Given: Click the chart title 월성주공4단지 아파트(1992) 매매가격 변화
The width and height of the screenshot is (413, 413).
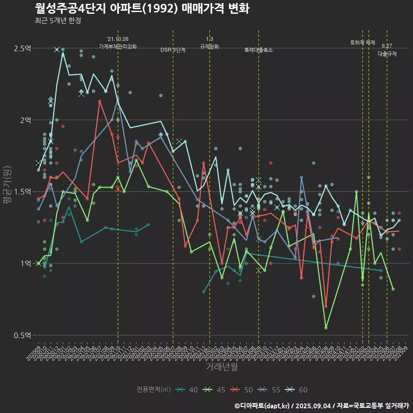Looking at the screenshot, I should [x=142, y=9].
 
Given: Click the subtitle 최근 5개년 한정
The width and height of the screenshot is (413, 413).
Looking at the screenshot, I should [x=58, y=21].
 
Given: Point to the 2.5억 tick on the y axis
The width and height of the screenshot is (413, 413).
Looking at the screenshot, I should [x=22, y=48].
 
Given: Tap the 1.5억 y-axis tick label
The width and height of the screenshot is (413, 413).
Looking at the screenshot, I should [x=22, y=192].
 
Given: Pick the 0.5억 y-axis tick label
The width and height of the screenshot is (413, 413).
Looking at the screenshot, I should [x=22, y=336].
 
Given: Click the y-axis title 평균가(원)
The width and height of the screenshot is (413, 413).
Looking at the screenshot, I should [x=7, y=191].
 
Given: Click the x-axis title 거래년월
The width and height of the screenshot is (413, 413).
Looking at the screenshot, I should [x=222, y=367].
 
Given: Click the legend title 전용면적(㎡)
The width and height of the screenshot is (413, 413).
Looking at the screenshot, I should [x=154, y=390].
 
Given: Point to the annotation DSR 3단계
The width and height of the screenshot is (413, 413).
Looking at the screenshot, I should [x=173, y=50].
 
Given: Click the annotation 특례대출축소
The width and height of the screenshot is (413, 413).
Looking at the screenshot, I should [x=259, y=50].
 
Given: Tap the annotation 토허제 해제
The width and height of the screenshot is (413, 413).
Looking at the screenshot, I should [x=363, y=43].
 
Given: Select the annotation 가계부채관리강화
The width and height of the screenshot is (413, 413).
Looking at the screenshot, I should [x=118, y=46].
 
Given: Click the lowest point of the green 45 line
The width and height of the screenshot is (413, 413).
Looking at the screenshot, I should [x=326, y=328].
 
